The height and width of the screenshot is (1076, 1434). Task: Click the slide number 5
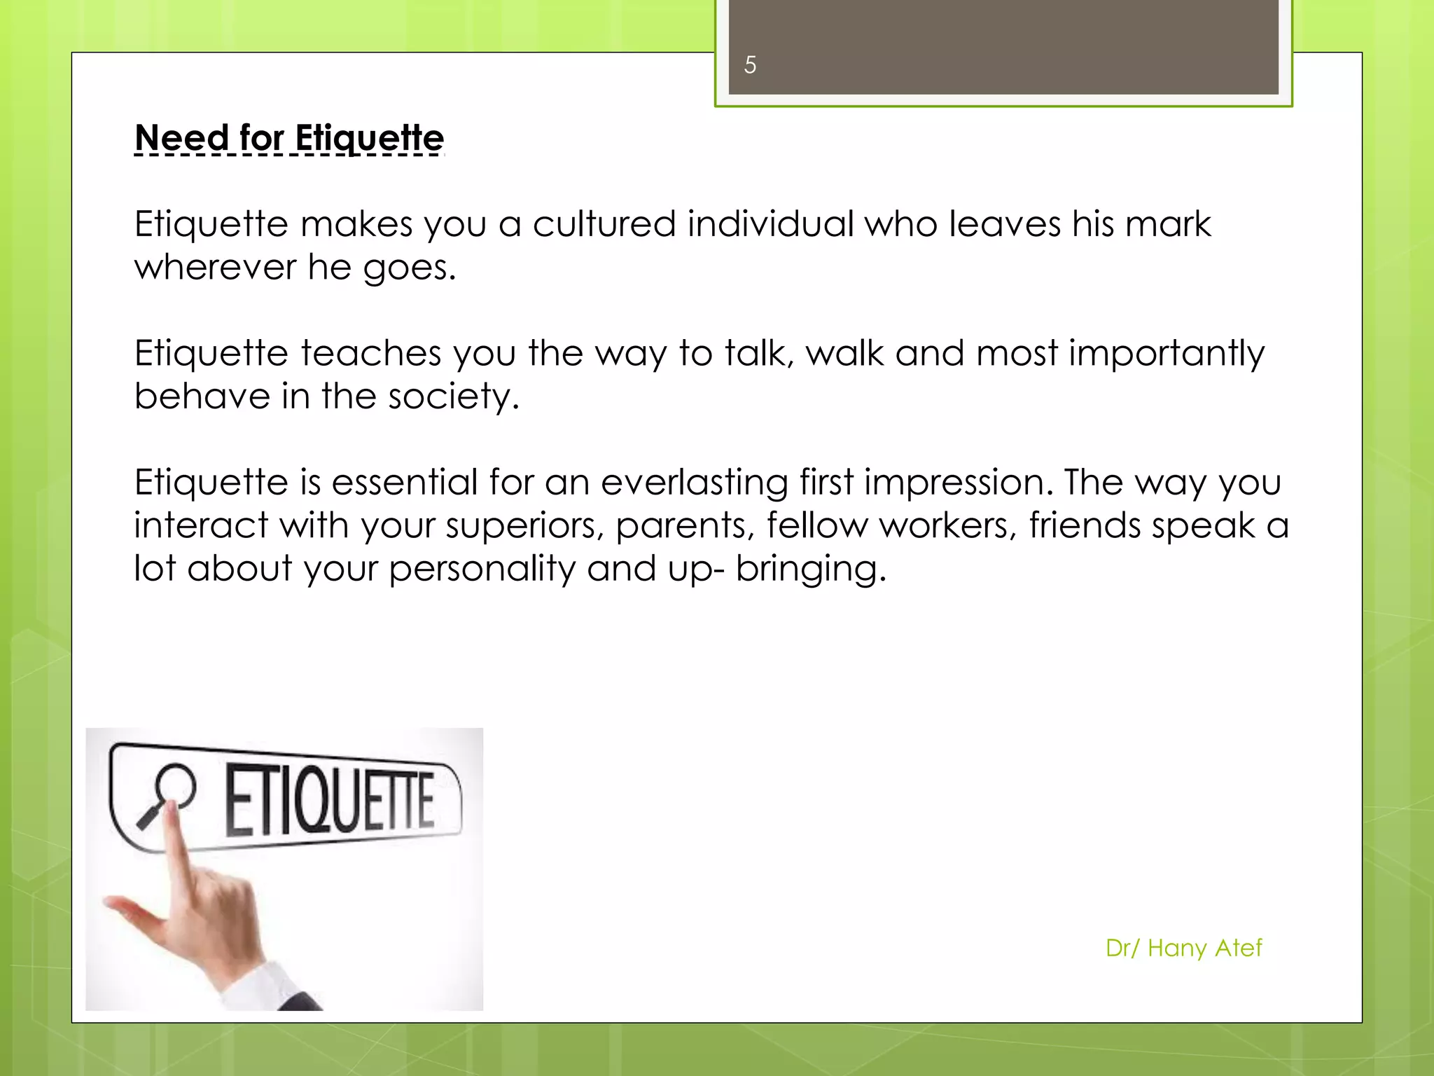tap(750, 65)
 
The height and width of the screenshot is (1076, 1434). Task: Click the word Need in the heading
tap(181, 137)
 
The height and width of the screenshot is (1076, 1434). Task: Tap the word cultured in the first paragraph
tap(604, 225)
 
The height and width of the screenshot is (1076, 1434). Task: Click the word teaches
tap(371, 354)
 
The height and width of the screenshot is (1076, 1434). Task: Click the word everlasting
tap(694, 483)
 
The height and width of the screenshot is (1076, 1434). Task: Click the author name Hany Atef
tap(1204, 948)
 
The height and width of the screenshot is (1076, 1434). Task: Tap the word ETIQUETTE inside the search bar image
tap(329, 803)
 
